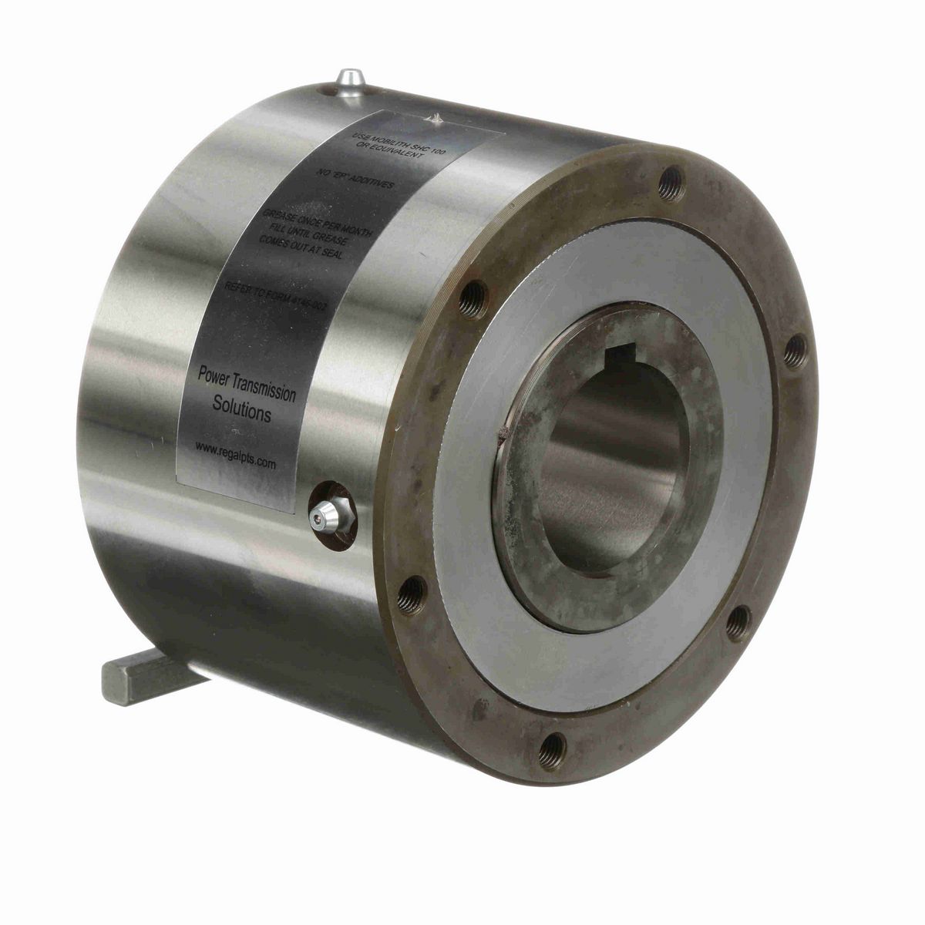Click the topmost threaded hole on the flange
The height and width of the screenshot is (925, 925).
click(x=670, y=183)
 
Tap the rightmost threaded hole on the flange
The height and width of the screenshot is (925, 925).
click(x=796, y=351)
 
